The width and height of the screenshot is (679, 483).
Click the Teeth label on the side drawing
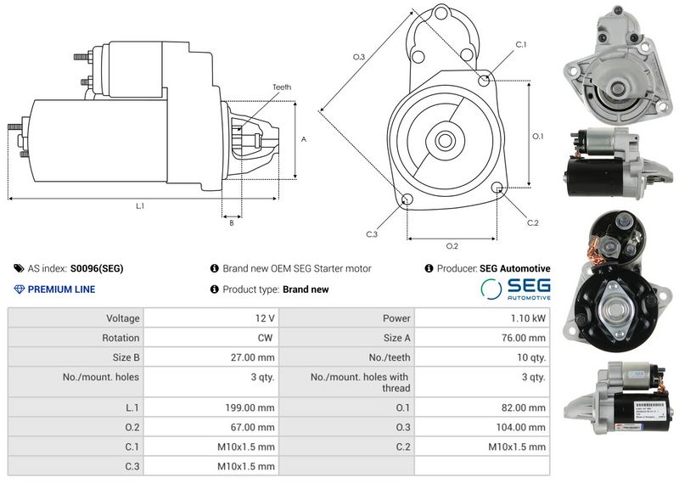282,87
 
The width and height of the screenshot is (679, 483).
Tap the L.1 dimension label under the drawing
140,206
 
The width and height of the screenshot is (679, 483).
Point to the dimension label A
304,139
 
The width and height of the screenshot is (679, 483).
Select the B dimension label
232,222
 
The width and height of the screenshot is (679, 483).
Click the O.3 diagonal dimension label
359,57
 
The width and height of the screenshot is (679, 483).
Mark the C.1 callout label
521,45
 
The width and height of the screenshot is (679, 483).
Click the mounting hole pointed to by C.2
497,187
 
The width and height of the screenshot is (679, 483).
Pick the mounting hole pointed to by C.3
407,199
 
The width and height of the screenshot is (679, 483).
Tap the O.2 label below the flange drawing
452,246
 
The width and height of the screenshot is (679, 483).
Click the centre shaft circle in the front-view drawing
444,140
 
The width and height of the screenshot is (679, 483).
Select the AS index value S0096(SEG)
97,268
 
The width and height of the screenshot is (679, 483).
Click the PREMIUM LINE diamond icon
19,289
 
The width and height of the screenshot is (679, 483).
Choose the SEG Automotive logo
515,289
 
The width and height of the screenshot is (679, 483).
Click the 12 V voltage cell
265,318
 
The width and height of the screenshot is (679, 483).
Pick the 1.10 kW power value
528,318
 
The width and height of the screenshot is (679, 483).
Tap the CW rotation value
265,338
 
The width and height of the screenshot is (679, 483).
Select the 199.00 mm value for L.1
250,407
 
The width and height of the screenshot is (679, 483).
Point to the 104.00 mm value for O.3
520,428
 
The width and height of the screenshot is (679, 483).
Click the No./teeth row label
390,358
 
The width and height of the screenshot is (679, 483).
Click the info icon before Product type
215,289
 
